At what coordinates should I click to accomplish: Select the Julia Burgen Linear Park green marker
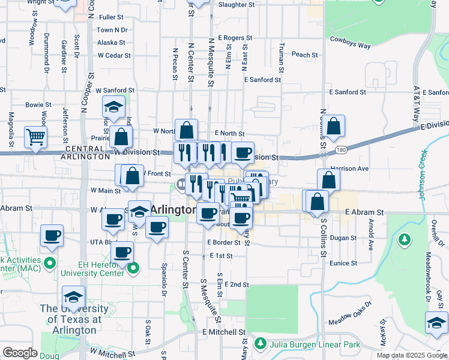click(x=261, y=344)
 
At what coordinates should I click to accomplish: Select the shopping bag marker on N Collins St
click(x=334, y=126)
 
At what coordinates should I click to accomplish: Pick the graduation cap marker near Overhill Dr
click(x=436, y=323)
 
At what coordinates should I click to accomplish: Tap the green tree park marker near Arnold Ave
click(x=405, y=239)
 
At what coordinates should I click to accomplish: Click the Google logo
click(x=20, y=353)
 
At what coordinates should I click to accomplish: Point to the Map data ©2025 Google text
click(x=412, y=355)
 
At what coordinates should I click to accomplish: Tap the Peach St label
click(x=304, y=55)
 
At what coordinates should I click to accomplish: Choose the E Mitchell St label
click(x=224, y=332)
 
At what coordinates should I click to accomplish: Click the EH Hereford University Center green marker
click(x=135, y=268)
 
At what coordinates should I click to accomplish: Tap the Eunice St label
click(x=343, y=263)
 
